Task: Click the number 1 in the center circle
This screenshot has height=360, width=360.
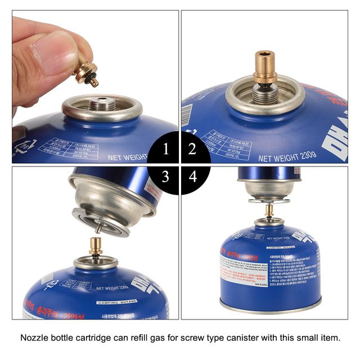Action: (x=165, y=149)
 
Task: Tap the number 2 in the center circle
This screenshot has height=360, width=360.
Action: (x=192, y=149)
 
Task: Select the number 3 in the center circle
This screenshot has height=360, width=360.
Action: (x=165, y=177)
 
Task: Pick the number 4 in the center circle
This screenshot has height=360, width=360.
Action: (x=193, y=177)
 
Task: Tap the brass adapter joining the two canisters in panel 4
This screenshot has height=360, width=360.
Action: (x=269, y=211)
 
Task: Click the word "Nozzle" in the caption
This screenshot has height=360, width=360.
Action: (x=35, y=338)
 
